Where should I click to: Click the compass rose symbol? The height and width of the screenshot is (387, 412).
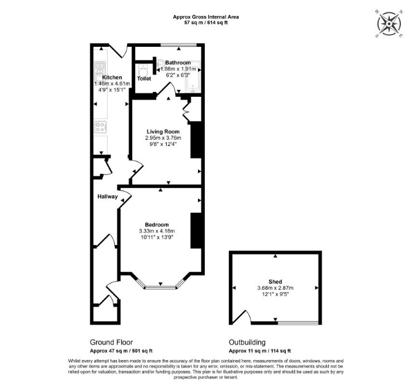pos(389,23)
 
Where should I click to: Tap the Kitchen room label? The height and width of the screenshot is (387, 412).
pos(112,78)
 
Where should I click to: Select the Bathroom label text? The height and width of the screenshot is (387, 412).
pos(178,63)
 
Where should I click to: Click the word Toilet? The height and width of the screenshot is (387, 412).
pos(144,78)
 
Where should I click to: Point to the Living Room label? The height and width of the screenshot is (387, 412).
pos(163,132)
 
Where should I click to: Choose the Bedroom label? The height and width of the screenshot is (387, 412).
pos(157,224)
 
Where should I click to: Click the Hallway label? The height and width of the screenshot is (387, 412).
pos(108,197)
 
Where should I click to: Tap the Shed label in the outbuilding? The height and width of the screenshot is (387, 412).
pos(275,282)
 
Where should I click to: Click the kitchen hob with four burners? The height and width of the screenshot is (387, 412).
pos(101,127)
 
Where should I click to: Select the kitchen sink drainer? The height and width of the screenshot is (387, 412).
pos(100,65)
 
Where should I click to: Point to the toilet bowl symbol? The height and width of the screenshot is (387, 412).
pos(143,70)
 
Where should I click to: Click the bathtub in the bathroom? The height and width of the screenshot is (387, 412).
pos(192,76)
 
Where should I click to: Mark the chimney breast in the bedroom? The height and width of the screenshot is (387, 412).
pos(196,230)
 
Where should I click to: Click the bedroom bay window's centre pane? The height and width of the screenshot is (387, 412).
pos(160,288)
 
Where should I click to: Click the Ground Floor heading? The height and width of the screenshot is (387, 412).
pos(111,342)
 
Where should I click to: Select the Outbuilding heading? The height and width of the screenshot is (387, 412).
pos(247,342)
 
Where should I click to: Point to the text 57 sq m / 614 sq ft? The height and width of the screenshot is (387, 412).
pos(206,23)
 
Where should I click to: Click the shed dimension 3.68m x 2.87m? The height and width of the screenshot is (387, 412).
pos(275,288)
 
